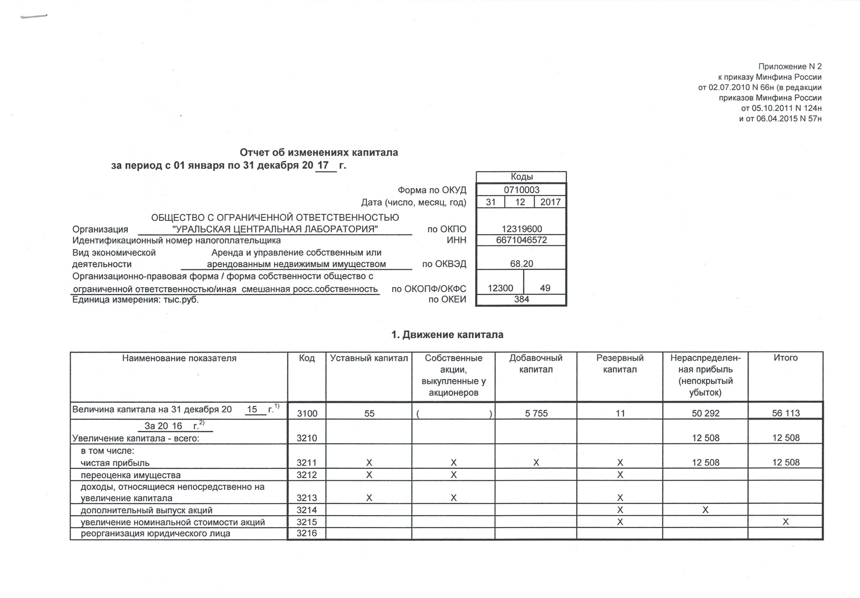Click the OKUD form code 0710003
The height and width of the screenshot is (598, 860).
pos(521,190)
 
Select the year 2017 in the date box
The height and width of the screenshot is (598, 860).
pos(550,202)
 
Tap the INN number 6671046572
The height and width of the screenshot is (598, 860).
pos(521,240)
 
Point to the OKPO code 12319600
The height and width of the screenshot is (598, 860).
pos(521,229)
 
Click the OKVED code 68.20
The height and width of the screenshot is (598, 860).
pos(521,263)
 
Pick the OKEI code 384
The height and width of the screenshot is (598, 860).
pos(521,299)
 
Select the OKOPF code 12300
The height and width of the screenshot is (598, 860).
pos(500,288)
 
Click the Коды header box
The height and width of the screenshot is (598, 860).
pos(521,177)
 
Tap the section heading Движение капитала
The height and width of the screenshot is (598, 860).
pos(447,335)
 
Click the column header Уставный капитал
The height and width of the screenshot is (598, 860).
pos(369,358)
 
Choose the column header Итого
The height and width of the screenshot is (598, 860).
pos(786,358)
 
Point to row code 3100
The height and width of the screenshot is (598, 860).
pos(307,413)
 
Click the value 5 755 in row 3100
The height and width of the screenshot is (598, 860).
pos(536,413)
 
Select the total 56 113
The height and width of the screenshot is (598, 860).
pos(786,413)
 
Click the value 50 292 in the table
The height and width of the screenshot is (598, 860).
pos(705,413)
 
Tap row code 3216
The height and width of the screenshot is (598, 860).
pos(307,533)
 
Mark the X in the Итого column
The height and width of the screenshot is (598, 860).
pos(786,522)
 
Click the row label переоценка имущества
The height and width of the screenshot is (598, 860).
pos(131,475)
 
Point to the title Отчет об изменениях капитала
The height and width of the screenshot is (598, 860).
pos(319,152)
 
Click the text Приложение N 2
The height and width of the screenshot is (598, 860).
pos(790,67)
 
